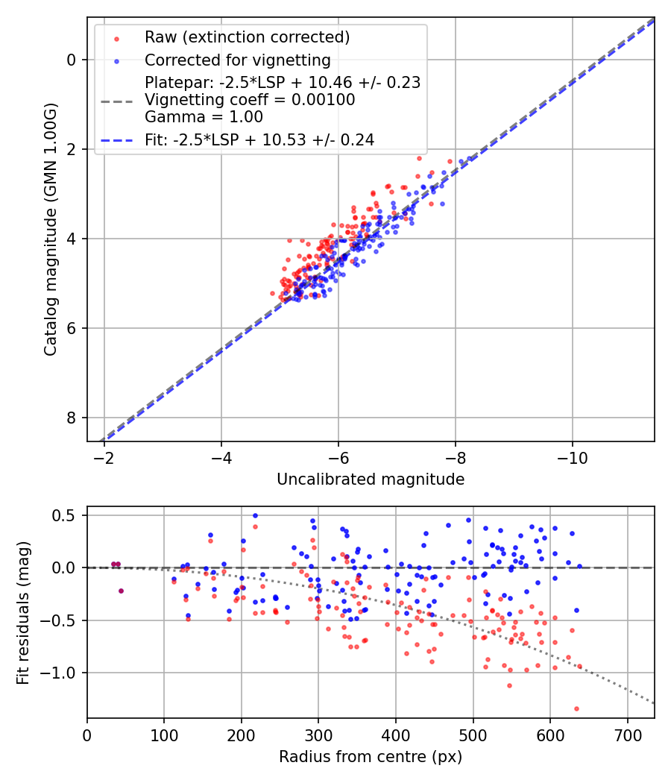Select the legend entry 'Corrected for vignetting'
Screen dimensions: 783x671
237,60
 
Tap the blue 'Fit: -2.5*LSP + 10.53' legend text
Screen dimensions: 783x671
259,139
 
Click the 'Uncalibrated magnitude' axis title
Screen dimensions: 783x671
371,479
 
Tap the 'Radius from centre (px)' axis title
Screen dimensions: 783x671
371,757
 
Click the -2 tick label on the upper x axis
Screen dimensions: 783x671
104,456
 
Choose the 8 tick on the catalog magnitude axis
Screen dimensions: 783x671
72,418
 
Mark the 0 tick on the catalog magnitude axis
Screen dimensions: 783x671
72,60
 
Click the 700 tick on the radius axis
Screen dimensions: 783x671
627,734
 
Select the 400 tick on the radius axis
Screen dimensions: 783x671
396,734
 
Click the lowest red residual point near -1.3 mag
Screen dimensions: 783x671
576,708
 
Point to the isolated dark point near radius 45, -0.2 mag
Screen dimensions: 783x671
121,591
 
